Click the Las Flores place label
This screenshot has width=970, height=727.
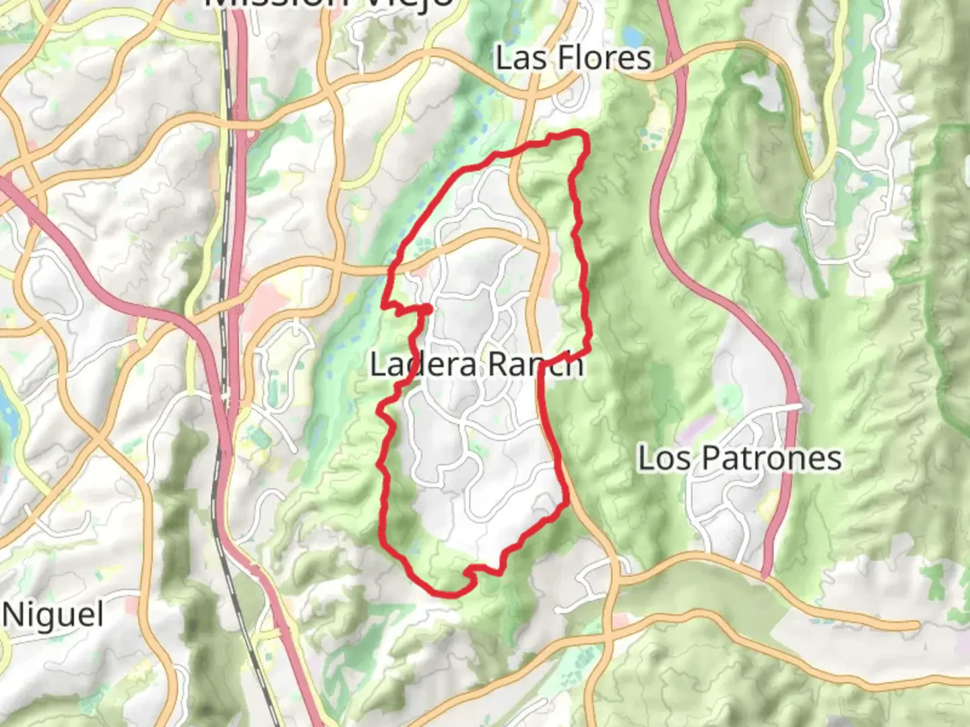573,58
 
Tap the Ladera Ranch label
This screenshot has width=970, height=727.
476,364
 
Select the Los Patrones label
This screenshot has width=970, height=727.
740,458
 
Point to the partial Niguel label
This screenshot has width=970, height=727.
53,615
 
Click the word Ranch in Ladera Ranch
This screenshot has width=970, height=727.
536,364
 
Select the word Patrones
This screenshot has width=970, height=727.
771,458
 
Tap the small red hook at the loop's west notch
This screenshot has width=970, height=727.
427,308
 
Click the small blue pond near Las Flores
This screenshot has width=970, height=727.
633,35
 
